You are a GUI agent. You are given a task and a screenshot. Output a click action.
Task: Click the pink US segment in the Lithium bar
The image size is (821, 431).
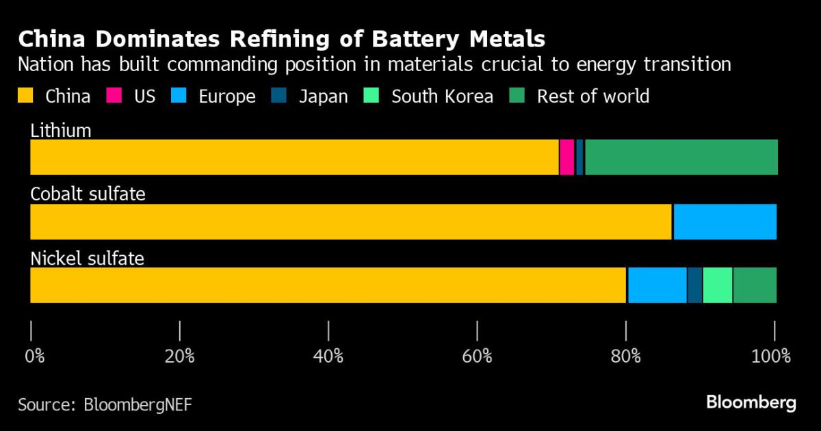point(566,157)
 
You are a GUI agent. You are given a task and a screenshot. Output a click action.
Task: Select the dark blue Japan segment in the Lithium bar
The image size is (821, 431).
point(579,157)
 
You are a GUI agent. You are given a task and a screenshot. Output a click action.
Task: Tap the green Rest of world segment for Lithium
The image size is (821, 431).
point(681,157)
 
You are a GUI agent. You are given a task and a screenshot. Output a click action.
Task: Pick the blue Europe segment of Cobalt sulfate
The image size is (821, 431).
point(725,222)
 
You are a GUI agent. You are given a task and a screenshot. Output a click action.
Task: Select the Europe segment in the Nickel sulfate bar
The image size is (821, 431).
point(657,285)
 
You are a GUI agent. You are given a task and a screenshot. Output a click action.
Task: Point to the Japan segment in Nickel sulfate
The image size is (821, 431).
point(694,285)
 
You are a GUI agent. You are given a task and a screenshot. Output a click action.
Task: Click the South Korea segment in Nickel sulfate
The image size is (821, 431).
point(717,285)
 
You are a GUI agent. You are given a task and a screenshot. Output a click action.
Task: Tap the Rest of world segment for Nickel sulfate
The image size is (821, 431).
point(755,285)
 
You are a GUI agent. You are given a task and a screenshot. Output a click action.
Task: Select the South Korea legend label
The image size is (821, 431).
point(442,96)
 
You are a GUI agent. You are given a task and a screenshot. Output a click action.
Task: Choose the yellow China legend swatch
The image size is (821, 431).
point(26,96)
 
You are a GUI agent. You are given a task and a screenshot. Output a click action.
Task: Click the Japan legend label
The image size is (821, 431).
point(323,96)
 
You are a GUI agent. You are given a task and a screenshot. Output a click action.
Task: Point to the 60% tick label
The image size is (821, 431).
point(477,356)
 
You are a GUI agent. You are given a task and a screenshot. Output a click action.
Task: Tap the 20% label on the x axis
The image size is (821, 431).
point(180,356)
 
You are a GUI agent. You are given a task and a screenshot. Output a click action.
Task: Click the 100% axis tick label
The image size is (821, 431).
point(771,356)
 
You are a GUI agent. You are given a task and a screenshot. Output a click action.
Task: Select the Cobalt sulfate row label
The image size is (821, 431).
point(88,194)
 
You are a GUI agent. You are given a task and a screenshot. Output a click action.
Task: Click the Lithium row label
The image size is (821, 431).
point(61,131)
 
